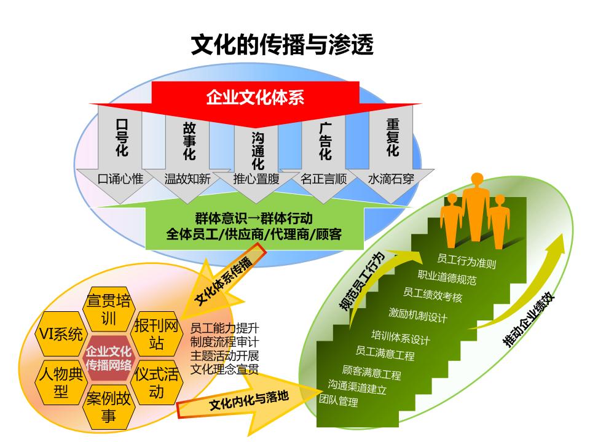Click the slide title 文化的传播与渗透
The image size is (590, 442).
(x=282, y=45)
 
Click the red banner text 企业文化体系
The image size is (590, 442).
(x=255, y=98)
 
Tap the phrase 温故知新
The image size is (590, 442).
(x=187, y=179)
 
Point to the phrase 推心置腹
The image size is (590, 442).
(x=256, y=179)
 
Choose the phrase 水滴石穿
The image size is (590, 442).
(x=391, y=179)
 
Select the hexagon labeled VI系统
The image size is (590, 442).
(x=60, y=335)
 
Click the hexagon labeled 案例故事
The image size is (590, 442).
(x=109, y=408)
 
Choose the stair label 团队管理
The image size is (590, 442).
(x=338, y=402)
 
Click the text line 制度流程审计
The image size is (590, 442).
(x=224, y=341)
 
